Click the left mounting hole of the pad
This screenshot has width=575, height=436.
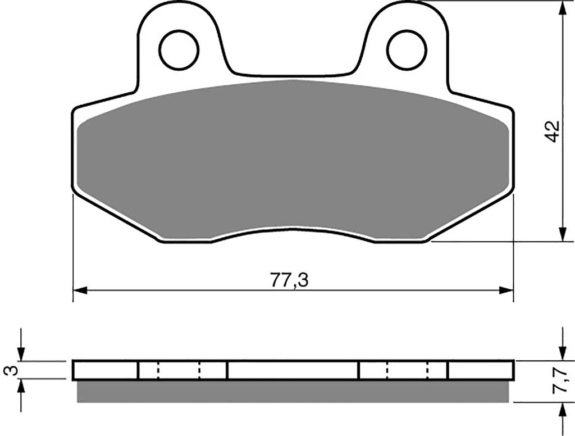179,49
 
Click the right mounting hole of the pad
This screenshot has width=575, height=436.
407,49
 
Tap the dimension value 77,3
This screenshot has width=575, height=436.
290,280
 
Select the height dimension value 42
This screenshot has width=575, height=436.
553,131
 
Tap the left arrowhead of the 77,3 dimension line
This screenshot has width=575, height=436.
80,290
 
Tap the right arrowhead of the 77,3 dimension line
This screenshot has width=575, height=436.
506,290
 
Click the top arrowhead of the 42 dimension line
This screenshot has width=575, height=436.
562,7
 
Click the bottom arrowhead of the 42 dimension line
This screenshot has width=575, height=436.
562,234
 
